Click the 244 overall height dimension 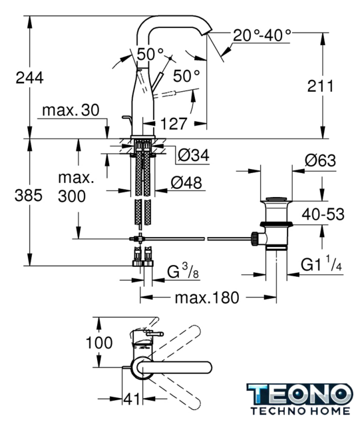pos(30,78)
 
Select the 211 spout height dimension pos(320,86)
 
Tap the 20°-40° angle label pos(262,35)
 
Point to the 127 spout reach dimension pos(174,124)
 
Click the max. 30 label pos(71,110)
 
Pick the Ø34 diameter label pos(194,155)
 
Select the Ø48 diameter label pos(186,183)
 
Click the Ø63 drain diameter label pos(320,160)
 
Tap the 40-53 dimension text pos(323,214)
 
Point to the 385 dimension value pos(29,195)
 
